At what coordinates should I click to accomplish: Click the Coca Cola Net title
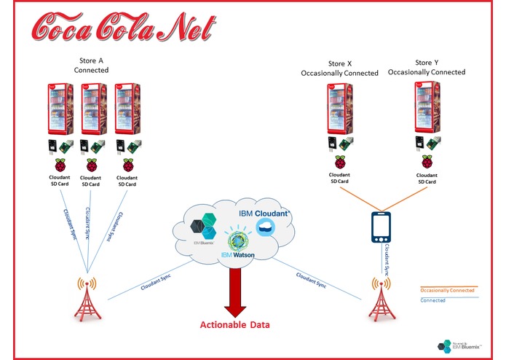point(124,27)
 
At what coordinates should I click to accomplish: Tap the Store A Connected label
point(91,65)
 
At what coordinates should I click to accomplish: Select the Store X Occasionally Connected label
point(340,68)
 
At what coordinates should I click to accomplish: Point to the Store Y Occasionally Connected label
point(427,67)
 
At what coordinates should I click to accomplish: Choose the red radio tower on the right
point(378,298)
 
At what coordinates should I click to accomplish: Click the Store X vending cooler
point(339,109)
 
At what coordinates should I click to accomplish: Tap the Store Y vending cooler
point(426,109)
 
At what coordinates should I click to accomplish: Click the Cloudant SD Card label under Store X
point(339,179)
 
